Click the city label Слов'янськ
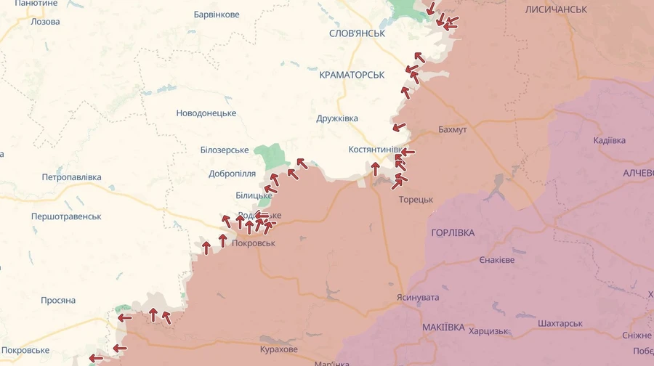357,33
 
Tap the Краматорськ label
352,75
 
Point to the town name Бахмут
453,129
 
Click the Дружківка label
337,118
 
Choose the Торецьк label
416,199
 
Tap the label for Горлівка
453,232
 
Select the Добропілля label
232,174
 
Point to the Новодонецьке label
206,113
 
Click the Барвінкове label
217,15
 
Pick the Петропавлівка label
71,177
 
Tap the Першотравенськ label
66,216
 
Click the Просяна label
58,300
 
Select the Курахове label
278,349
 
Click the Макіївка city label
443,328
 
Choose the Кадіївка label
609,140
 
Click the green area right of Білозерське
271,155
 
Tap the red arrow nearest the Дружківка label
399,127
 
